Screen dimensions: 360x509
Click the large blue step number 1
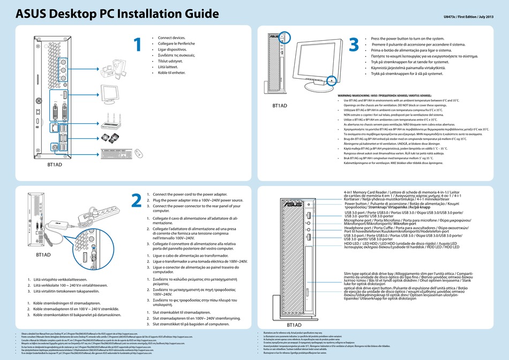click(x=138, y=45)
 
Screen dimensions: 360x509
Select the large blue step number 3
click(x=354, y=45)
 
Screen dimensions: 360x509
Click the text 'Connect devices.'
click(x=171, y=38)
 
